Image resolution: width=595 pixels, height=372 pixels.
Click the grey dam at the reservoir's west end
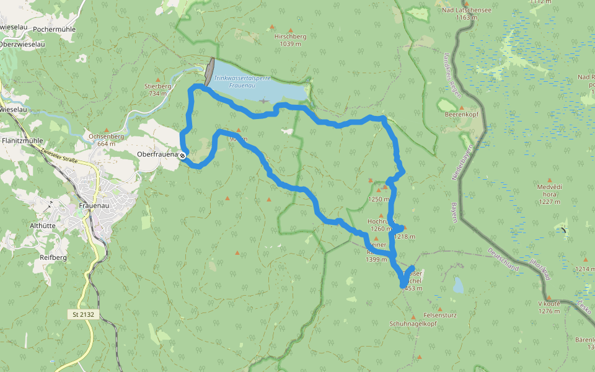pos(209,73)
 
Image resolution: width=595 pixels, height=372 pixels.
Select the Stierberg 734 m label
pos(157,90)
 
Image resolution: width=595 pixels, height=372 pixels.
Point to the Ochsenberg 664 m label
pos(107,139)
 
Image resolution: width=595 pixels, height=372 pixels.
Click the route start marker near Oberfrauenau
pos(182,156)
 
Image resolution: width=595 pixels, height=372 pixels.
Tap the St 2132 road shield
pos(83,314)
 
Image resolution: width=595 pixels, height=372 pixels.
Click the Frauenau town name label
pos(95,206)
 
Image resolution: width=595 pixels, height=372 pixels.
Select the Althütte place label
pos(43,226)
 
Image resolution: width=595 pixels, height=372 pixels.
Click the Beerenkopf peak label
pos(459,114)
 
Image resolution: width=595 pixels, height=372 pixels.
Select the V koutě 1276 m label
pos(549,307)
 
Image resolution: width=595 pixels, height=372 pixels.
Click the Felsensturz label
pos(440,315)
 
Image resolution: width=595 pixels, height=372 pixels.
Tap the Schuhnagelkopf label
pos(413,324)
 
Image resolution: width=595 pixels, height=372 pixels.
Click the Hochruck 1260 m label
pos(381,224)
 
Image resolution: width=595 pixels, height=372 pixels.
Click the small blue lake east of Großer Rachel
pos(458,285)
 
